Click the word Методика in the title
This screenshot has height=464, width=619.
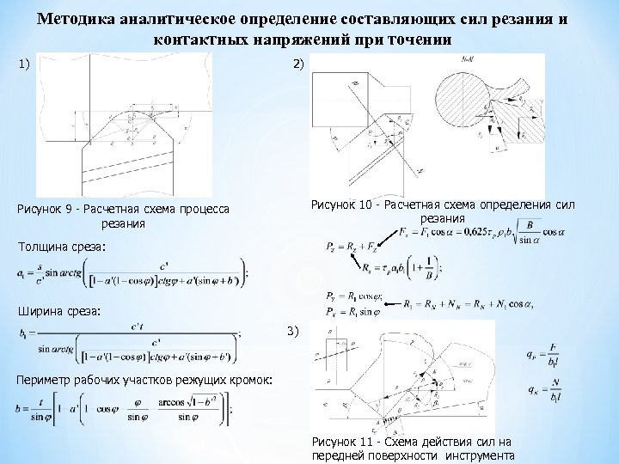(77, 20)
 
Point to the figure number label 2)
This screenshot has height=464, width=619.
(297, 64)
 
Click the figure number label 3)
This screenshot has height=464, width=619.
(292, 330)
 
